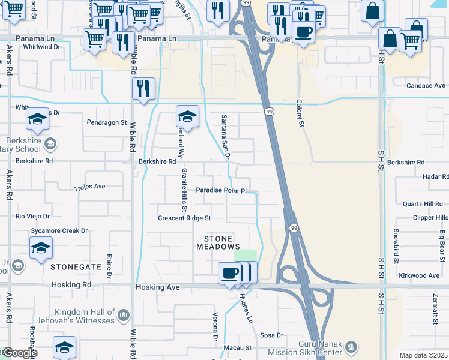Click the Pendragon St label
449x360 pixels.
(107, 122)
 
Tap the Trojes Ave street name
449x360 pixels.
(89, 187)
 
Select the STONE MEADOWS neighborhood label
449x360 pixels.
(218, 242)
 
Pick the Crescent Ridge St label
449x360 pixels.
(184, 218)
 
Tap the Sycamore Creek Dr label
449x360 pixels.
(59, 230)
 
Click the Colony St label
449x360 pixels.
(301, 113)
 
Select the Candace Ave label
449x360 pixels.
(426, 86)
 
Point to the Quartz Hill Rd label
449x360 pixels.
(422, 204)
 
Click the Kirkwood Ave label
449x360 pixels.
(419, 275)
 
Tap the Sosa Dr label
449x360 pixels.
(271, 335)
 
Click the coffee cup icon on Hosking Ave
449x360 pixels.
(230, 274)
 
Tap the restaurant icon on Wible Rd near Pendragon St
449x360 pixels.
(143, 88)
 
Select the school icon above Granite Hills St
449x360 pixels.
(187, 116)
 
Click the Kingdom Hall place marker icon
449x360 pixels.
(124, 314)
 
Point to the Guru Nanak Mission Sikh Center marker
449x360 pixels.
(352, 346)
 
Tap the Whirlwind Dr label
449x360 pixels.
(40, 47)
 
